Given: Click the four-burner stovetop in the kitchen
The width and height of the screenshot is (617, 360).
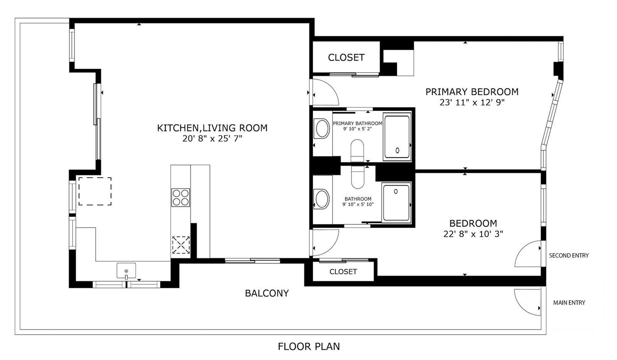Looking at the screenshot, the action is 181,198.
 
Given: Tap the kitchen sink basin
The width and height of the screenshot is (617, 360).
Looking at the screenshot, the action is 126,270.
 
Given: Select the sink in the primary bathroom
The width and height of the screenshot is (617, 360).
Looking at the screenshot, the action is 322,128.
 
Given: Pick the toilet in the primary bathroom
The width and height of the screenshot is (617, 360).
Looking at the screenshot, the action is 357,150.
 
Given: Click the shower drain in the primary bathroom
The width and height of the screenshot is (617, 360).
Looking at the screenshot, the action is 398,150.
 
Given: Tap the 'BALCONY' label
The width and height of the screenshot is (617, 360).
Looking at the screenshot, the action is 267,293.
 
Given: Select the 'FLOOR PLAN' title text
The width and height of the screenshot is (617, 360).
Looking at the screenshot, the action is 309,346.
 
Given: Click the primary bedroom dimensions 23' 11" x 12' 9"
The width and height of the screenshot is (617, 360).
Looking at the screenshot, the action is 472,103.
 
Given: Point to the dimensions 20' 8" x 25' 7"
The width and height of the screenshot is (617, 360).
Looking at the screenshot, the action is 212,139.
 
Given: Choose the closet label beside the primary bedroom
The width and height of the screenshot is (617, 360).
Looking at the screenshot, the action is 346,57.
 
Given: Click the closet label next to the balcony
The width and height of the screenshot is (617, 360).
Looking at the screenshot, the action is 343,272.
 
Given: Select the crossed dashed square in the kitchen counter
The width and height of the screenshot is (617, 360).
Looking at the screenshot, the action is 181,245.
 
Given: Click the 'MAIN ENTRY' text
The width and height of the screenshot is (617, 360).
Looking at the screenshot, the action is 569,303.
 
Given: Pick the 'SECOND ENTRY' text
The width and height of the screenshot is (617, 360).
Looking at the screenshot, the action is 569,255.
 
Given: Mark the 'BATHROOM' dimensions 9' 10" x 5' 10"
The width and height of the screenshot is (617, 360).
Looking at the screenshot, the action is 358,204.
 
